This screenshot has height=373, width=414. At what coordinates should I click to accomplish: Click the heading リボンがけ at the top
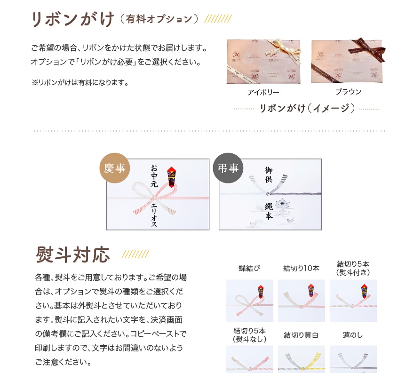coord(72,19)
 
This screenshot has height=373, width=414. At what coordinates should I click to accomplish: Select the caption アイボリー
coord(263,92)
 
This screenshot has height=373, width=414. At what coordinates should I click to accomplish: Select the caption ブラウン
coord(348,92)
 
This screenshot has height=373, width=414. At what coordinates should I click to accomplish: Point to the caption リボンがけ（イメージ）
coord(307,109)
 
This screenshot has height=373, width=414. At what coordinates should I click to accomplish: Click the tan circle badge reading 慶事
coord(115,168)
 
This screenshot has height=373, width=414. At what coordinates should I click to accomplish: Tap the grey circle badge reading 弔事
coord(228,168)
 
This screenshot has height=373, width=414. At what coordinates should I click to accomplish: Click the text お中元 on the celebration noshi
coord(154,176)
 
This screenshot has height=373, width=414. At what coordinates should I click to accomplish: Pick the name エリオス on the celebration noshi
coord(154,215)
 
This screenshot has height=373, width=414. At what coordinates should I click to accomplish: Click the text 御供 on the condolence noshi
coord(269,175)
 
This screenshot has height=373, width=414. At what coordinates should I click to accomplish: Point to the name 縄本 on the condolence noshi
coord(269,212)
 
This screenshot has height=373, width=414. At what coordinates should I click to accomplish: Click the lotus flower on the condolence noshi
coord(282,204)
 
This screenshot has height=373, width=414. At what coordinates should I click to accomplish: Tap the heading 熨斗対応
coord(73,254)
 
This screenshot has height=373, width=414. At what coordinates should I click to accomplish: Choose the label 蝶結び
coord(249,269)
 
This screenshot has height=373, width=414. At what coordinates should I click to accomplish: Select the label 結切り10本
coord(301,269)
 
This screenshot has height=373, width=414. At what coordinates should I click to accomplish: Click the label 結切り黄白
coord(301,335)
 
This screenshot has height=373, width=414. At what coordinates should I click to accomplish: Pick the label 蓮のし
coord(353,335)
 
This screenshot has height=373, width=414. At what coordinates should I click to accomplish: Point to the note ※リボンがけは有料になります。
coord(80,83)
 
